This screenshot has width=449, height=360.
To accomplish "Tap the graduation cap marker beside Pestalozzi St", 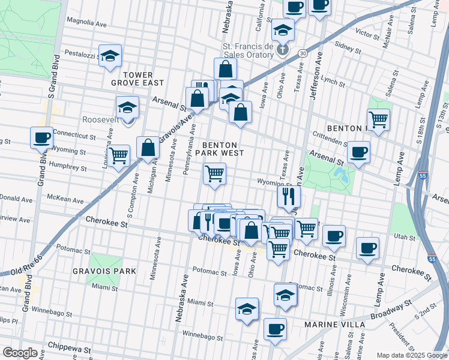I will [110, 56].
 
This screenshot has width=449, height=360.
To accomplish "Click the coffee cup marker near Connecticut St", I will [41, 137].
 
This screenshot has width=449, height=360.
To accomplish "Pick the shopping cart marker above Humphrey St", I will [119, 155].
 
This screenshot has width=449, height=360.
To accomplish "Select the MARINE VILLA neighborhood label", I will [334, 325].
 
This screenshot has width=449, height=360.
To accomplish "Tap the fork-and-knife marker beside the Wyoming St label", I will [289, 195].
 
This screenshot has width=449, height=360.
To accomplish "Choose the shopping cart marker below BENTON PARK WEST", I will [214, 174].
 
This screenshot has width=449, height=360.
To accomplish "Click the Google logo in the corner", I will [20, 353].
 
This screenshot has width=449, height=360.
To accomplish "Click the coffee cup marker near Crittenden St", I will [359, 152].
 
